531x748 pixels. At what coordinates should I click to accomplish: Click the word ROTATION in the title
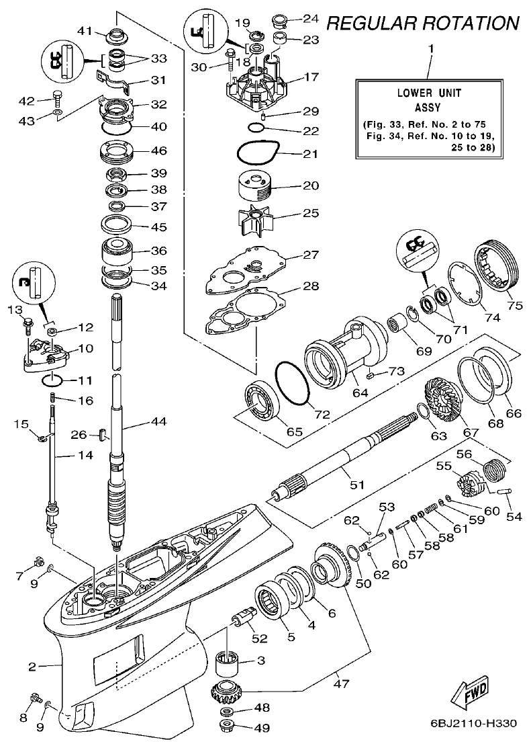[x=463, y=24]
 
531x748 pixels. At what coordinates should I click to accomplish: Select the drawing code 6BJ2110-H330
[x=473, y=724]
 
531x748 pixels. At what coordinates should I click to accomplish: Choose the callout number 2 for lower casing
[x=32, y=667]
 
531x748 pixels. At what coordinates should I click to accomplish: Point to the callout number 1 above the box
[x=430, y=49]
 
